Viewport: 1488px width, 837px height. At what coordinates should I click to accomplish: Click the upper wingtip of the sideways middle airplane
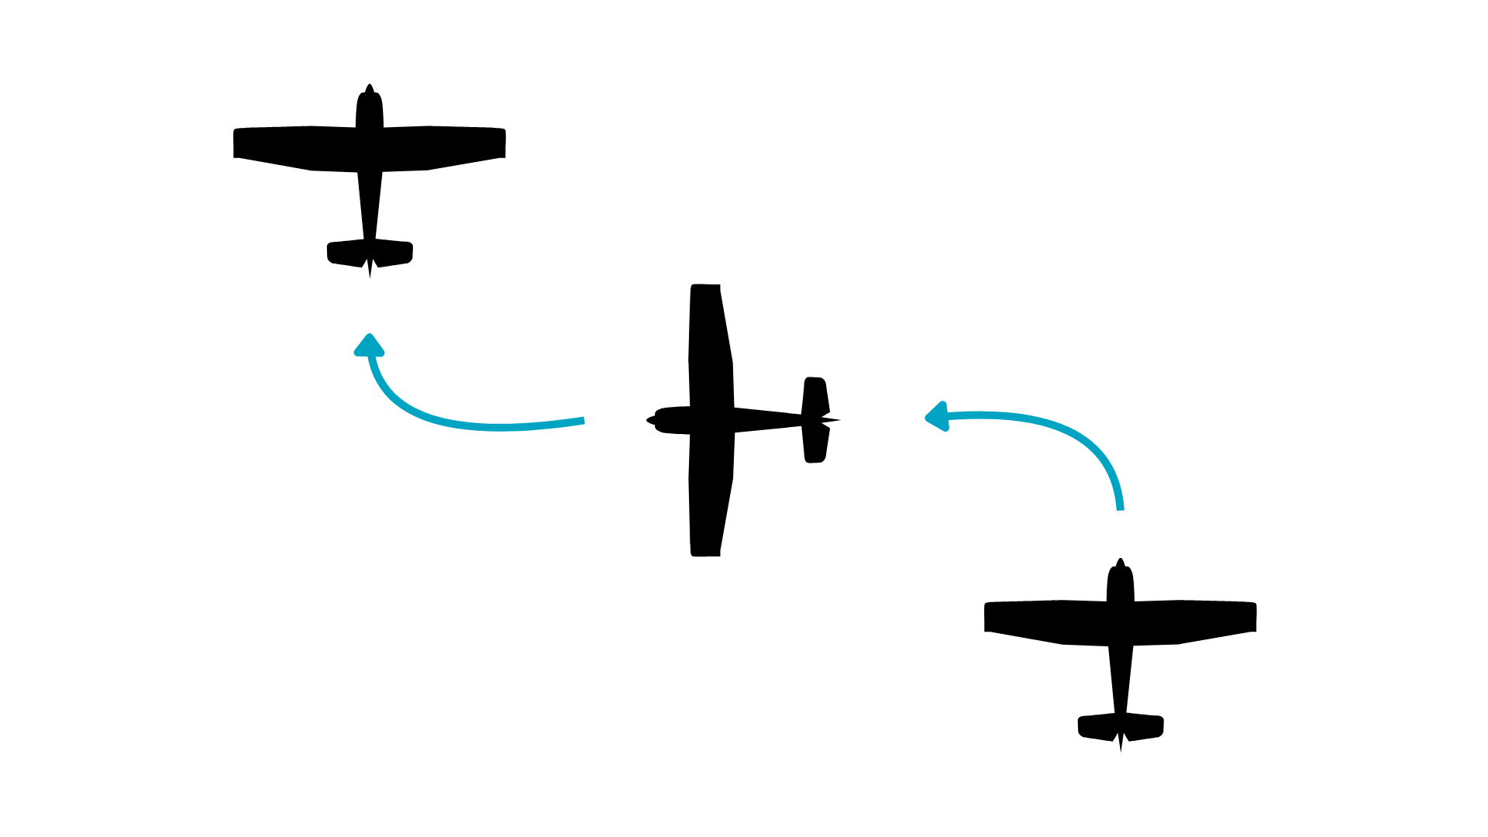tap(705, 289)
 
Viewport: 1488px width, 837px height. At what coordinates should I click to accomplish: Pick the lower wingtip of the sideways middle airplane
tap(705, 551)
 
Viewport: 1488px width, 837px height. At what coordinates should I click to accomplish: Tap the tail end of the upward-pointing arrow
tap(582, 421)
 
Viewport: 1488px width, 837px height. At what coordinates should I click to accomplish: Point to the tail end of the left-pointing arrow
tap(1120, 508)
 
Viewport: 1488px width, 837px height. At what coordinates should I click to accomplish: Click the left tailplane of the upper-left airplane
tap(346, 253)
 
